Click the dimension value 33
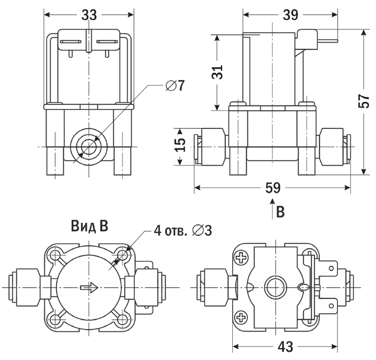[x=89, y=15]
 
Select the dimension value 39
[x=290, y=15]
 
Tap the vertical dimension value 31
[x=217, y=72]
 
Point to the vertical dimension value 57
[x=364, y=101]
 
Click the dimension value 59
[x=273, y=188]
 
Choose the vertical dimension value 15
[x=180, y=144]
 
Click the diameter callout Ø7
[x=175, y=86]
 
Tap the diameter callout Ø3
[x=202, y=231]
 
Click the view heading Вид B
[x=90, y=226]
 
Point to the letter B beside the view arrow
[x=280, y=212]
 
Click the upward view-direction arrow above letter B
[x=272, y=208]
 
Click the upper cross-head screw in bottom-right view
[x=241, y=258]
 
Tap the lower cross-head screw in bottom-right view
[x=241, y=317]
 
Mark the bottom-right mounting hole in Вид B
[x=123, y=319]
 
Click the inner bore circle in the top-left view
[x=89, y=147]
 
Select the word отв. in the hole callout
[x=177, y=231]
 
